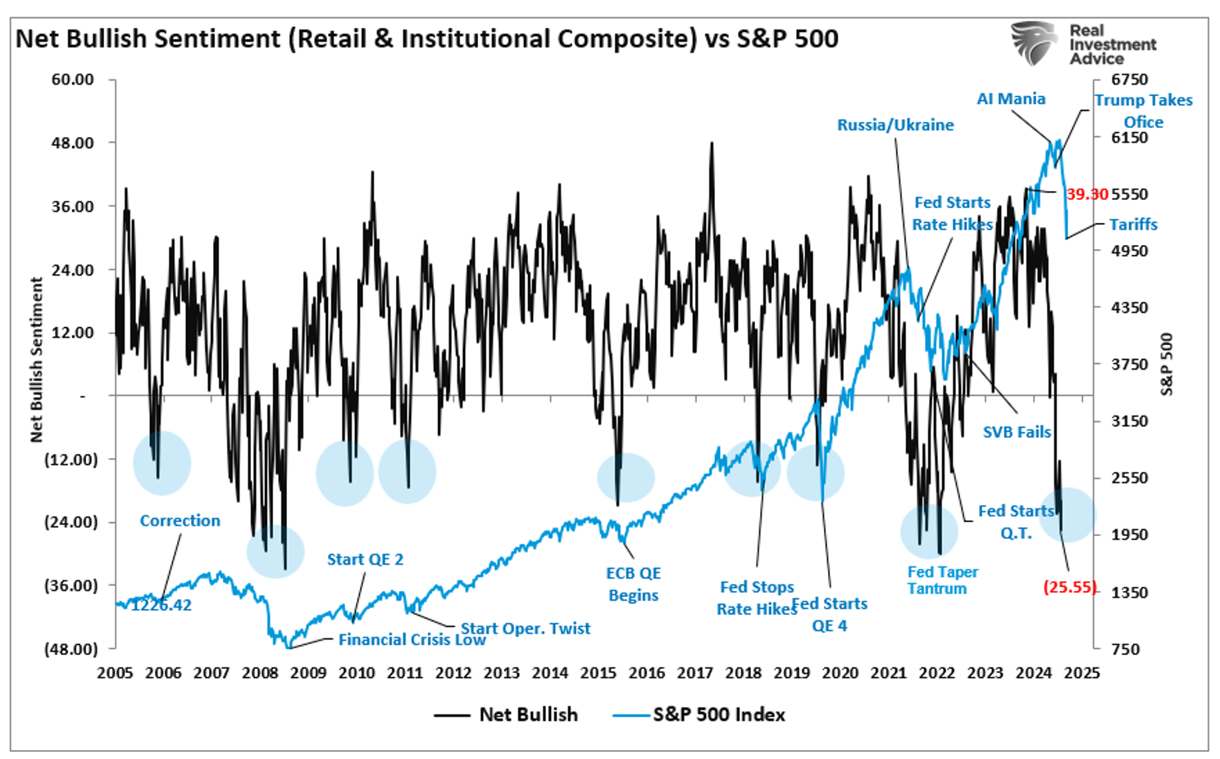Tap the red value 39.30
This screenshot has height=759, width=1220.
pyautogui.click(x=1087, y=194)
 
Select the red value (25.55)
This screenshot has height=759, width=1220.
pyautogui.click(x=1069, y=587)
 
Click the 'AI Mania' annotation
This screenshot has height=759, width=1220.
pyautogui.click(x=1011, y=99)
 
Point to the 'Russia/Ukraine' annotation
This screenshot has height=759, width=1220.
pyautogui.click(x=895, y=125)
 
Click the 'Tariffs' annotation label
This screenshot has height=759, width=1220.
pyautogui.click(x=1133, y=225)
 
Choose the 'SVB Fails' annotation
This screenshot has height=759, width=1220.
pyautogui.click(x=1017, y=432)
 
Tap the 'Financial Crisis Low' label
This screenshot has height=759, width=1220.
pyautogui.click(x=412, y=640)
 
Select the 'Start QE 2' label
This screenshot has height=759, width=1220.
pyautogui.click(x=365, y=560)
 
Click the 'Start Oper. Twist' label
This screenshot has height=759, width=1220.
pyautogui.click(x=525, y=629)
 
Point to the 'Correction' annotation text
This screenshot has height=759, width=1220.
pyautogui.click(x=180, y=521)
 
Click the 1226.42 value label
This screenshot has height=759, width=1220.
pyautogui.click(x=162, y=606)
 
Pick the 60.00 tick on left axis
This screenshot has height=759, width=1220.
pyautogui.click(x=73, y=80)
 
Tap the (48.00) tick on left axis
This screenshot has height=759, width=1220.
pyautogui.click(x=71, y=649)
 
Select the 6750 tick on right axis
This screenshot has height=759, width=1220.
pyautogui.click(x=1129, y=80)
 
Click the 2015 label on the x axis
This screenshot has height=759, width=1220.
pyautogui.click(x=598, y=673)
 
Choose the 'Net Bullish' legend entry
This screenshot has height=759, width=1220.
pyautogui.click(x=528, y=715)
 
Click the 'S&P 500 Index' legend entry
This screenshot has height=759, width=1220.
pyautogui.click(x=718, y=715)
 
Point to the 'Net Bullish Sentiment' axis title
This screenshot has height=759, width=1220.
pyautogui.click(x=36, y=360)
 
